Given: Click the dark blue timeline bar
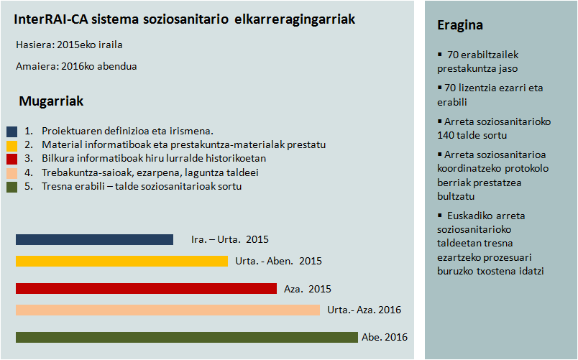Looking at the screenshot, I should coord(94,239).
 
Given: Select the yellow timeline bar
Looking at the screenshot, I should coord(121,261).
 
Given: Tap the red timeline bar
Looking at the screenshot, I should coord(146,288).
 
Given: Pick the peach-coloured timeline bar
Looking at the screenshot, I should coord(168,310).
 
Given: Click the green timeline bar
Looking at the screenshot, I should coord(186,337).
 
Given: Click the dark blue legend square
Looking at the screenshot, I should coord(12,131).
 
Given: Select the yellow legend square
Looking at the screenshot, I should coord(12,145).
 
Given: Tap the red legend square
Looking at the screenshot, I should coord(12,159).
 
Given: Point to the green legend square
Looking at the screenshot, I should coord(12,187).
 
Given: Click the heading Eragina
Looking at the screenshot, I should coord(459,26).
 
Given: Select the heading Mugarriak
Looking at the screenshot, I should coord(51,101).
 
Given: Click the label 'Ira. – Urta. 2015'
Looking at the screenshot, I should coord(229,239).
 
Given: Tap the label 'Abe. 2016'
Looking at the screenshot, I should coord(385,337).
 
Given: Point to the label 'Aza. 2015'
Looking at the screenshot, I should coord(307,289).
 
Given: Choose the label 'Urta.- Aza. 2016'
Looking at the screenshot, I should coord(364,310).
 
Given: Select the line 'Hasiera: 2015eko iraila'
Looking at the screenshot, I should coord(69,45).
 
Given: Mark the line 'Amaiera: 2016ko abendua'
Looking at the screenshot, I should coord(76,66).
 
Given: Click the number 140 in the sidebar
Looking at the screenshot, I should coord(446,135).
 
